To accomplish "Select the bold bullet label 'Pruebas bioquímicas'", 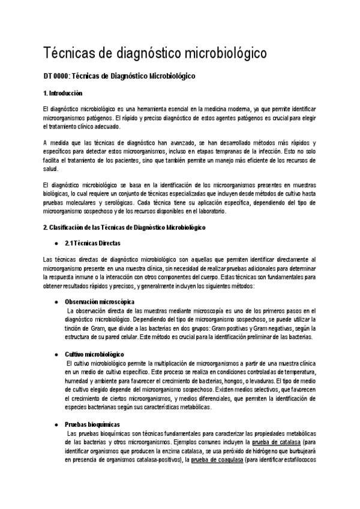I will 92,424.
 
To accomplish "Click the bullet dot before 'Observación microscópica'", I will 56,301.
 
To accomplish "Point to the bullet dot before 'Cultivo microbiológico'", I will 56,355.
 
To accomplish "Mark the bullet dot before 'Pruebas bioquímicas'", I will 56,424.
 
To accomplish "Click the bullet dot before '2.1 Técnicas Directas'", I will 56,243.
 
